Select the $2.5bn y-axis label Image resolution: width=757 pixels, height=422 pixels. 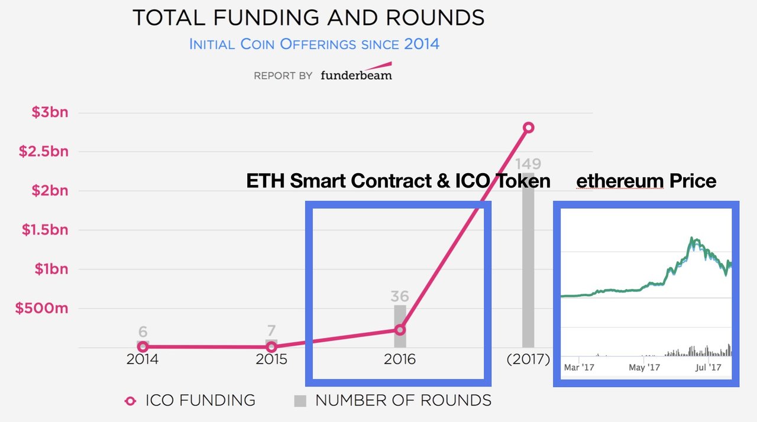click(x=43, y=151)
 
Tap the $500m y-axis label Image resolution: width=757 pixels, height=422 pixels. click(x=41, y=309)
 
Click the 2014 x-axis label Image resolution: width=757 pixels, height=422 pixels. click(x=143, y=359)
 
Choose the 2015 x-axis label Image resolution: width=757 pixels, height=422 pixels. click(x=271, y=359)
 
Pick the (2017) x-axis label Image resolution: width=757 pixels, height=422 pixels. click(x=528, y=359)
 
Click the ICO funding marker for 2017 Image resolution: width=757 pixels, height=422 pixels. click(x=529, y=127)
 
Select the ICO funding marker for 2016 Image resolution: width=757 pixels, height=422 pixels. click(x=400, y=330)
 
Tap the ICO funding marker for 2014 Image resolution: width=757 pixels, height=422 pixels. click(x=143, y=347)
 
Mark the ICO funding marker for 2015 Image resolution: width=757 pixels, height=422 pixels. click(x=271, y=347)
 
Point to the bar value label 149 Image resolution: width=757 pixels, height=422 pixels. click(x=528, y=164)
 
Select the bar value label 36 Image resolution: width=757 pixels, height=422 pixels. click(x=400, y=296)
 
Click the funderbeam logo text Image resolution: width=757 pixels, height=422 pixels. click(x=356, y=75)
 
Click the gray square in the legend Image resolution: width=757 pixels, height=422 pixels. click(x=300, y=401)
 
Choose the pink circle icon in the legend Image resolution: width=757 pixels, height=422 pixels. click(x=130, y=401)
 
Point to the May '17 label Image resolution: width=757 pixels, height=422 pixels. click(x=645, y=368)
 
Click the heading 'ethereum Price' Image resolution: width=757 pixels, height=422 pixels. click(x=646, y=180)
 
